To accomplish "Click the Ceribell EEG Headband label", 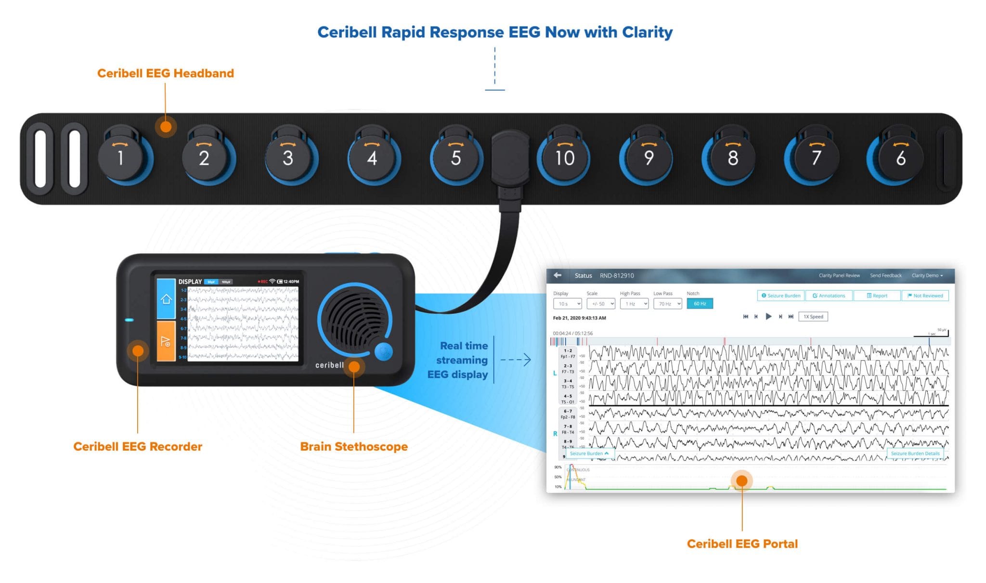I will point(165,73).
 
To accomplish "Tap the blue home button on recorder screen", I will point(166,299).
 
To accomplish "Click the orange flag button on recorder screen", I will point(166,341).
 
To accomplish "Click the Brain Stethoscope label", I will point(353,446).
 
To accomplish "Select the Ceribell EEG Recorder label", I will point(138,446).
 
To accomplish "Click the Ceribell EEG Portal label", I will point(742,544).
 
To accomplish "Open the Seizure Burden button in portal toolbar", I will point(780,296).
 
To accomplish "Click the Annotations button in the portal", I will point(829,296).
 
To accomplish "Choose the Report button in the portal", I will point(877,296).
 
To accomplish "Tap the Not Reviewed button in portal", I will point(925,296).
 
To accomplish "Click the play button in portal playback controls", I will point(768,316).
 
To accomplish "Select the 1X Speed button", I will point(813,316).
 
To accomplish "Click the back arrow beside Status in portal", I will point(558,275).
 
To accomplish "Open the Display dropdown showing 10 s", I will point(567,304).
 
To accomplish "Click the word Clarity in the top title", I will point(647,32).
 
